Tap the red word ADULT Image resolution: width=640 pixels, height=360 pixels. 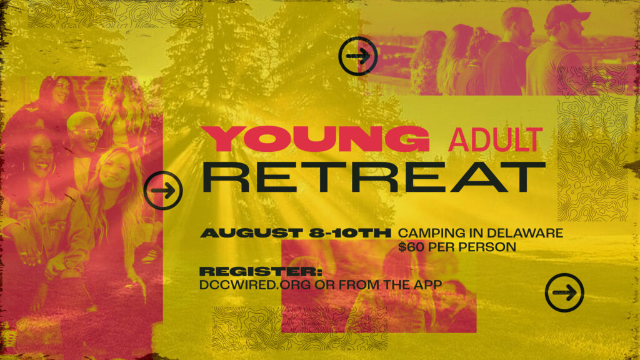495,140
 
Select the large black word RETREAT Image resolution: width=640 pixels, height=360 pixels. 374,177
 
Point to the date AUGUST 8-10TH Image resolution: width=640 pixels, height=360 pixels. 296,233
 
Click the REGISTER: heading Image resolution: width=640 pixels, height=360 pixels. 261,271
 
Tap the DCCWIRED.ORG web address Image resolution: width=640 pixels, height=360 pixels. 255,284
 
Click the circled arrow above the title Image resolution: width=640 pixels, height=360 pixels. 357,56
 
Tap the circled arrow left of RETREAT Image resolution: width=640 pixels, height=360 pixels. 163,191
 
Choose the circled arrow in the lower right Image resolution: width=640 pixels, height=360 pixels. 564,292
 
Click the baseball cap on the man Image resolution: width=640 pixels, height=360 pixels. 567,15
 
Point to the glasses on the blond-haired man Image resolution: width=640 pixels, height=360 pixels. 87,132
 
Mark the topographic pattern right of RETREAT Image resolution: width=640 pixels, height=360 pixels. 592,159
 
